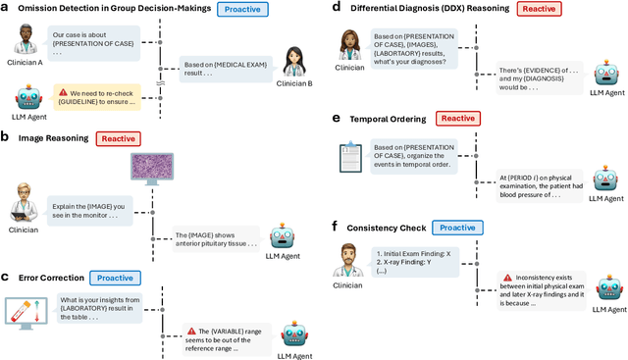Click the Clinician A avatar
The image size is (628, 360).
pyautogui.click(x=27, y=42)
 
